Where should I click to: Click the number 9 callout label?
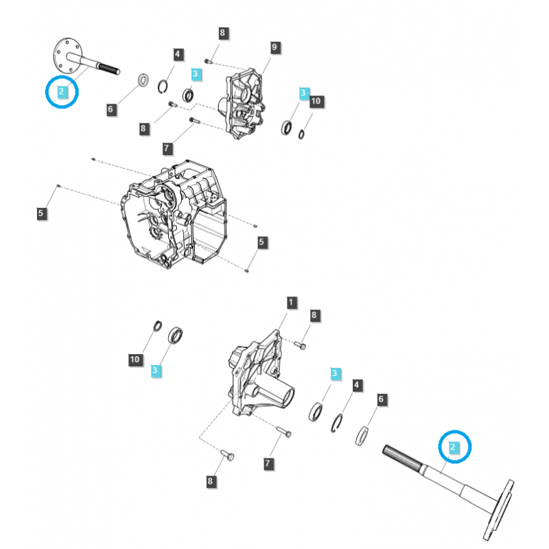point(274,47)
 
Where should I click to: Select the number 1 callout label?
point(291,303)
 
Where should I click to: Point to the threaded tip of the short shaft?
point(112,69)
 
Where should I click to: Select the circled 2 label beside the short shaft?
point(62,91)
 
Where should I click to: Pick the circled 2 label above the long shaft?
point(453,447)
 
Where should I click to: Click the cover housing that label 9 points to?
point(243,103)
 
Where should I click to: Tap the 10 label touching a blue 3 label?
point(316,101)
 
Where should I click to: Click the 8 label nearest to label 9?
point(222,33)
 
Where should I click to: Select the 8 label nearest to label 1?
point(314,316)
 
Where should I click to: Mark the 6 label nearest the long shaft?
point(382,399)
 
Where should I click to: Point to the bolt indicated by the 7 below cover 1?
point(284,433)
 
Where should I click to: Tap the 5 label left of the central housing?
point(41,214)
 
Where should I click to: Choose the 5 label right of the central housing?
point(261,242)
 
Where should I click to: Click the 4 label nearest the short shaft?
point(177,54)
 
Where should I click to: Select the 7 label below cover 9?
point(167,148)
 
